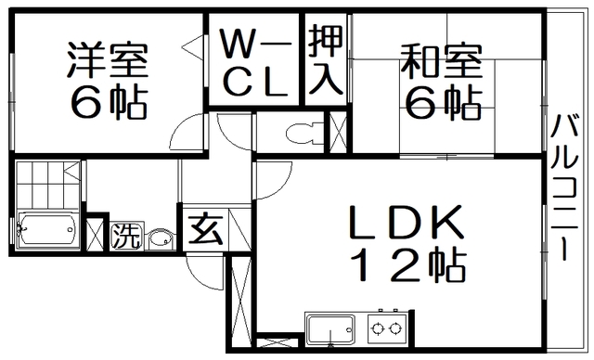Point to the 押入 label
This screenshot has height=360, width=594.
tap(325, 61)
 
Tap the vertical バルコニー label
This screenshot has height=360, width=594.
tap(565, 186)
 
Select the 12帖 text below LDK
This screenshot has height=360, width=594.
tap(393, 268)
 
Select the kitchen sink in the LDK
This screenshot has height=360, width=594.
tap(332, 330)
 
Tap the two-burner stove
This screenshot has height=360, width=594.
tap(388, 328)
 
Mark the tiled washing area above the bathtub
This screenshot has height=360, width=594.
tap(43, 183)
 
